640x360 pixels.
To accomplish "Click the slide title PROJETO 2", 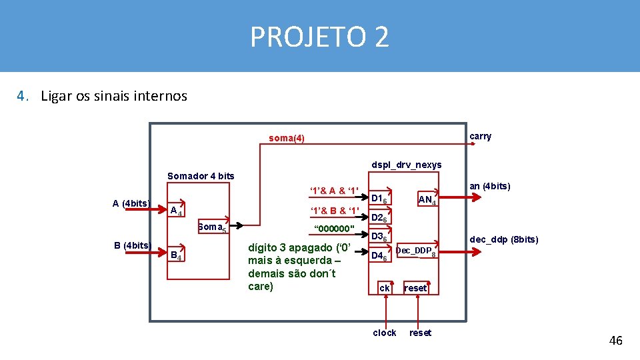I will (319, 37).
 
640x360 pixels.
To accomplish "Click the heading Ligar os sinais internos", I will (113, 96).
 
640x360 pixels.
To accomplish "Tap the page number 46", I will (615, 341).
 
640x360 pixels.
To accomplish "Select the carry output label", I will (480, 137).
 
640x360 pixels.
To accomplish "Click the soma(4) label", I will (286, 139).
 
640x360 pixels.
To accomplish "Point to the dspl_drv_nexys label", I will (406, 165).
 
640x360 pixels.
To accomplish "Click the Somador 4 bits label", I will (201, 176).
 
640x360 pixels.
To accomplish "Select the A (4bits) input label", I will (131, 203).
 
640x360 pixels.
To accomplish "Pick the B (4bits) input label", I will (131, 245).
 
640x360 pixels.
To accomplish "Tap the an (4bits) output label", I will (490, 186).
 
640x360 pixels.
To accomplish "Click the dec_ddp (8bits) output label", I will (503, 239).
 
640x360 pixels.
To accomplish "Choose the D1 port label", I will (379, 199).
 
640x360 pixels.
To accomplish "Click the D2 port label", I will (379, 218).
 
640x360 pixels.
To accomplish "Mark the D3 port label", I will (379, 237).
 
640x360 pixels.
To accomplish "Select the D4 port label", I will (379, 256).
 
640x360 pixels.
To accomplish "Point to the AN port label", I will (426, 199).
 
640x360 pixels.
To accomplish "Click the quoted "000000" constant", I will (333, 229).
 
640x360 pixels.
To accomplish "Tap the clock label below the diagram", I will (385, 333).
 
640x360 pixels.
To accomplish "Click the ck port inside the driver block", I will (385, 288).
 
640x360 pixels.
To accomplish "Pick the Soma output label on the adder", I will (212, 227).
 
